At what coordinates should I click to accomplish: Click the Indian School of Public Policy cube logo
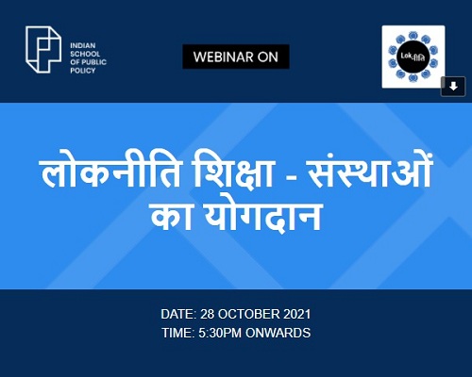click(43, 50)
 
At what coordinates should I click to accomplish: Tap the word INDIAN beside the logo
click(83, 45)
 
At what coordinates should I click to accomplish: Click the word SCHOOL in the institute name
click(85, 54)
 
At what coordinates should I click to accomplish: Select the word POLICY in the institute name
click(83, 71)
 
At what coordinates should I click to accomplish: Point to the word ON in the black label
click(268, 57)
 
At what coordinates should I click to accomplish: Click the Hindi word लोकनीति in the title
click(111, 172)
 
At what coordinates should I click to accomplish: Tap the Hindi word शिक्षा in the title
click(233, 172)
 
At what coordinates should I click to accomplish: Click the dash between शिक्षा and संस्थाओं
click(290, 180)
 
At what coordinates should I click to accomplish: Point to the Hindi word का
click(172, 217)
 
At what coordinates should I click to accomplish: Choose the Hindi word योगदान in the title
click(262, 217)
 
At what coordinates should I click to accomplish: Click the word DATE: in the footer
click(178, 314)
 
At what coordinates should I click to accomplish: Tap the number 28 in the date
click(208, 314)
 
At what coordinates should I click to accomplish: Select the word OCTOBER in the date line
click(248, 314)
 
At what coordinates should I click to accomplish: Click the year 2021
click(297, 314)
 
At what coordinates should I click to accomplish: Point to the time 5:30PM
click(220, 333)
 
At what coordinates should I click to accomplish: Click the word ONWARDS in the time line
click(278, 333)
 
